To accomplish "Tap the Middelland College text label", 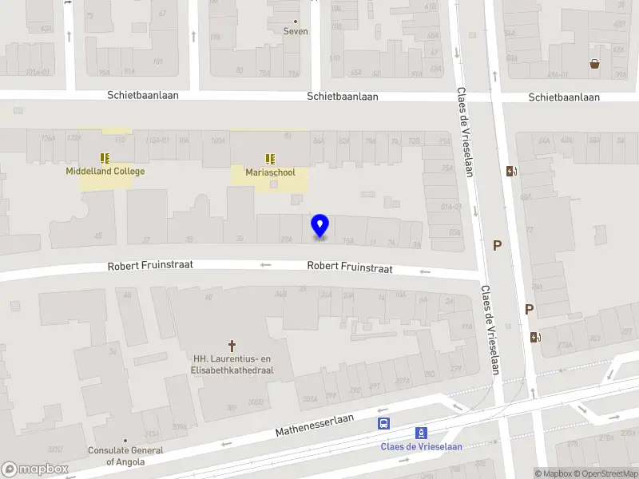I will tap(105, 172).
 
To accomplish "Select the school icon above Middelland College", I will tap(105, 157).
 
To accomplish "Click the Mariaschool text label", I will tap(270, 172).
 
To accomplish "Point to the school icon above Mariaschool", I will tap(270, 157).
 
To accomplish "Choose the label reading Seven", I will tap(296, 32).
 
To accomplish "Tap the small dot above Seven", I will tap(296, 21).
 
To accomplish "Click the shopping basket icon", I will tap(594, 64).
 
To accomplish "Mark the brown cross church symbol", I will tap(233, 345).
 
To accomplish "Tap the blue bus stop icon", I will tap(384, 423).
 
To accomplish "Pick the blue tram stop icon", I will tap(421, 433).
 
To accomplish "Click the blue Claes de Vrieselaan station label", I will tap(421, 446).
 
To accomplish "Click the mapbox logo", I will tap(34, 469).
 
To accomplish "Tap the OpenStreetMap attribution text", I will tap(609, 474).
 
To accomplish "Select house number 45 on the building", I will tap(98, 236).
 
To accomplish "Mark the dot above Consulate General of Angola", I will tap(125, 440).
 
